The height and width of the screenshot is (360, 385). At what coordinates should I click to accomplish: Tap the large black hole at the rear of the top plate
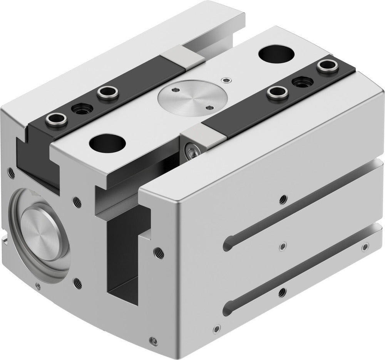coord(277,54)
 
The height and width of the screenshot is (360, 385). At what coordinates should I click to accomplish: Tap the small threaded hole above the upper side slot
coord(283,199)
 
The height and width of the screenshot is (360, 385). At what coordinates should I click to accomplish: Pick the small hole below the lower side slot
coord(283,291)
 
